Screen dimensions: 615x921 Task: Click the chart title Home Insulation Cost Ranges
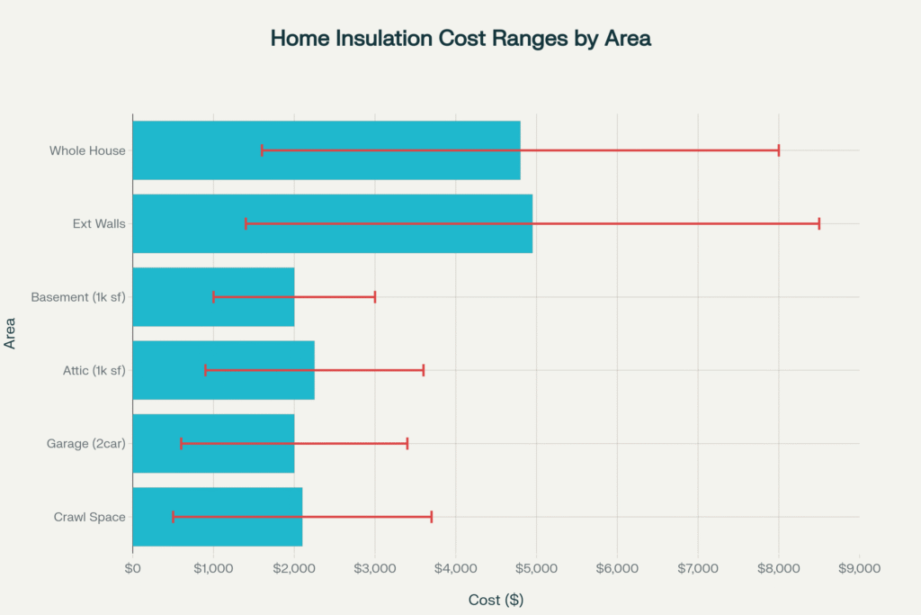[x=460, y=40]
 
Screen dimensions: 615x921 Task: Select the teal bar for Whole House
[x=326, y=150]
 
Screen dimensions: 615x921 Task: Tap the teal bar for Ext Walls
[x=332, y=223]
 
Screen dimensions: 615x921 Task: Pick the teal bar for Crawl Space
[x=217, y=517]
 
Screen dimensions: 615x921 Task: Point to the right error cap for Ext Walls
[x=818, y=223]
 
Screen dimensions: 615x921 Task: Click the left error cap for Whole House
[x=262, y=150]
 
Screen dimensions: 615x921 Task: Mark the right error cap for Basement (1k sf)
[x=374, y=297]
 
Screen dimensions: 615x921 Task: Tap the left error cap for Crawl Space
[x=173, y=517]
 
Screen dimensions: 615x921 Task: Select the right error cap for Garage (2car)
[x=407, y=443]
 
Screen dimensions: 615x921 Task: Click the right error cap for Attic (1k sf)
[x=423, y=370]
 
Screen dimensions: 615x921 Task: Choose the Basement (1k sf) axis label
[x=77, y=297]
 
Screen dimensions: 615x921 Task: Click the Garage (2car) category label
[x=85, y=443]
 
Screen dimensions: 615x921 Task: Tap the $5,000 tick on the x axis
[x=536, y=568]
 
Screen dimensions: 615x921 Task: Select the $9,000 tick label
[x=859, y=568]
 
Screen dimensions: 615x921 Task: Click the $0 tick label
[x=132, y=568]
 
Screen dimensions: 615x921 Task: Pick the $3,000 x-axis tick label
[x=374, y=568]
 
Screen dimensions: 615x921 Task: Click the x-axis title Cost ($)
[x=496, y=600]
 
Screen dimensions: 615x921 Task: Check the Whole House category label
[x=87, y=150]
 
